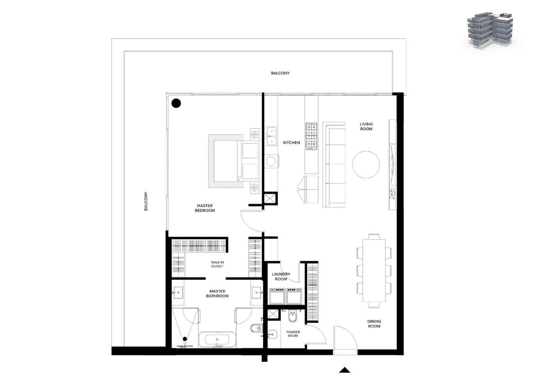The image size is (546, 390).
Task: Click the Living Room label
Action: point(366,126)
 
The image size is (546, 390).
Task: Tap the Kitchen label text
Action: point(291,143)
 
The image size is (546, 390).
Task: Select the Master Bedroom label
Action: point(205,208)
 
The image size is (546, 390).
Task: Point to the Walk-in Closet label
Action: point(217,264)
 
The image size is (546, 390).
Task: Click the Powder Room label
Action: point(293,334)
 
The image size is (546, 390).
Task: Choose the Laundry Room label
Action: point(281,277)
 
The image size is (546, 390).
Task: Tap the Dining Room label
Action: point(374,324)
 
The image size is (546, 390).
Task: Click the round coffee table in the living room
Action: point(366,165)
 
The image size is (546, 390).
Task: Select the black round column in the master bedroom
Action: point(176,103)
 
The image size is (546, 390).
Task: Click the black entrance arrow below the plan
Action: point(345,370)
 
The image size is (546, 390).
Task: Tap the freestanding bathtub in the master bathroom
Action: point(217,340)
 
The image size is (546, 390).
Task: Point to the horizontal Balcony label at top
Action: point(280,73)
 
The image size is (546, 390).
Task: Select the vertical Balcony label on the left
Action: point(146,201)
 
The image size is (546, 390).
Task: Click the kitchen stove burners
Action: point(312,136)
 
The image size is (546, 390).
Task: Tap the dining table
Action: point(374,271)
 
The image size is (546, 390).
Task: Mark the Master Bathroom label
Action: point(218,293)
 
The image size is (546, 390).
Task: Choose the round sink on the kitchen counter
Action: point(271,161)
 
